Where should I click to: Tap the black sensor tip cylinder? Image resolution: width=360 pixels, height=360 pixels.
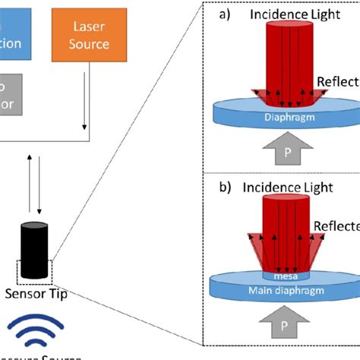[34, 251]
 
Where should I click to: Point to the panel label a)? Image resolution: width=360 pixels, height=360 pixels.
[226, 14]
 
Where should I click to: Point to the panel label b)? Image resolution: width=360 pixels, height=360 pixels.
[226, 185]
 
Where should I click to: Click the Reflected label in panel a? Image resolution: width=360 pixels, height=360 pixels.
[339, 83]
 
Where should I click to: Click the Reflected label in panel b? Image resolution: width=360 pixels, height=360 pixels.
[339, 226]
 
